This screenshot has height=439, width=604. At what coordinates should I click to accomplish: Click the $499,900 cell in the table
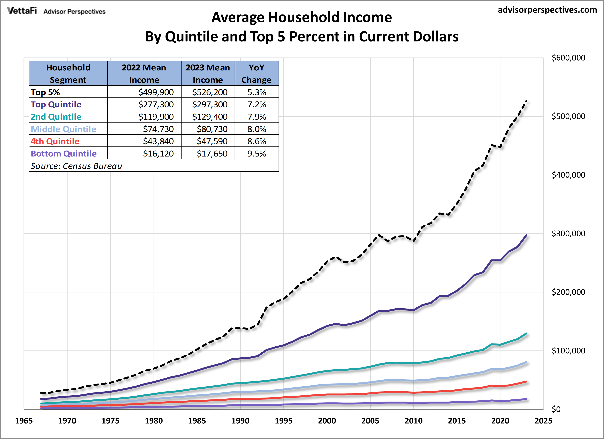point(156,92)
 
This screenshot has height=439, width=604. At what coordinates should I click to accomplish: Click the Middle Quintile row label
point(63,129)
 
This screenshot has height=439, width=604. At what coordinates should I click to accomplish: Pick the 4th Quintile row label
point(55,141)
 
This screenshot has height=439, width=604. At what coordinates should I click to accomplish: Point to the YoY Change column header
point(256,74)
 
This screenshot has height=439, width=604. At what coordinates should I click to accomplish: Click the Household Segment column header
point(68,74)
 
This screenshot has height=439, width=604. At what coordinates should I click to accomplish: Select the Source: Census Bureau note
point(76,166)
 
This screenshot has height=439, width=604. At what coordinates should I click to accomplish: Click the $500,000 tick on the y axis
point(568,116)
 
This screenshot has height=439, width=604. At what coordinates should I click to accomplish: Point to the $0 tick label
point(556,409)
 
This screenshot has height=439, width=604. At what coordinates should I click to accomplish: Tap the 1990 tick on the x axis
point(240,421)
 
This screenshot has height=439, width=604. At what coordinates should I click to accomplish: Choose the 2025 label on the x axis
point(543,421)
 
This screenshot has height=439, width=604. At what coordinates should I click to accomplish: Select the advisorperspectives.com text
point(547,10)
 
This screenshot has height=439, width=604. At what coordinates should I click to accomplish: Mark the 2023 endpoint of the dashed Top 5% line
point(526,101)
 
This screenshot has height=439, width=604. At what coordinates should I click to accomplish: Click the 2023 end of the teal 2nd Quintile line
point(526,333)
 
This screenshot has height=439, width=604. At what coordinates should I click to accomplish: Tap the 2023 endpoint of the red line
point(526,381)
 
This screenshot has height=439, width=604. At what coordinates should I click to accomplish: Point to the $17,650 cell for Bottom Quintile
point(212,154)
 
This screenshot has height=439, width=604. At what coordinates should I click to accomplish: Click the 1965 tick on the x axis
point(24,421)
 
